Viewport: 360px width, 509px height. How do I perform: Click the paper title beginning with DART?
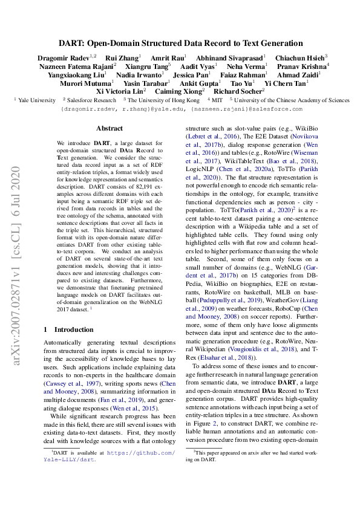180,44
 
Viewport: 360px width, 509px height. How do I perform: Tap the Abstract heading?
110,128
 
